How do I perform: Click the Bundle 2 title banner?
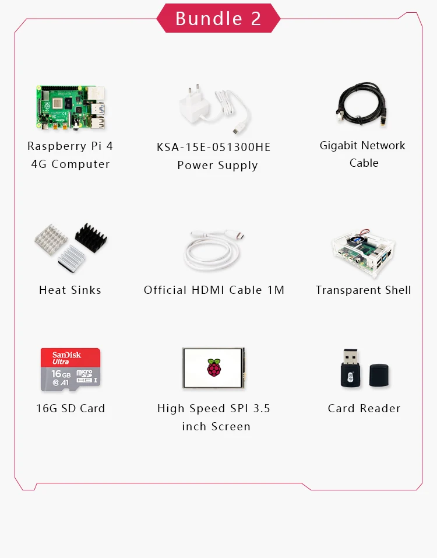pyautogui.click(x=218, y=18)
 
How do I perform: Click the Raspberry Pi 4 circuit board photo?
pyautogui.click(x=71, y=107)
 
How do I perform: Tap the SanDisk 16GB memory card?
pyautogui.click(x=71, y=370)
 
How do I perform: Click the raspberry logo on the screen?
pyautogui.click(x=214, y=368)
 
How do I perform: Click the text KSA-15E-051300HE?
pyautogui.click(x=214, y=147)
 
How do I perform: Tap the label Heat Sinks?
pyautogui.click(x=70, y=290)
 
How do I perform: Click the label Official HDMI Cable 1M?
pyautogui.click(x=214, y=290)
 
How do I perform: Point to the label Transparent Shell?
pyautogui.click(x=363, y=290)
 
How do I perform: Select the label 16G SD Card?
pyautogui.click(x=71, y=408)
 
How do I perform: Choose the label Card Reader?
pyautogui.click(x=364, y=408)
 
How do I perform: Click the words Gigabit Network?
pyautogui.click(x=362, y=145)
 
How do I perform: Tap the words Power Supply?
pyautogui.click(x=217, y=165)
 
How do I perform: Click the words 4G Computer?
pyautogui.click(x=71, y=164)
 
